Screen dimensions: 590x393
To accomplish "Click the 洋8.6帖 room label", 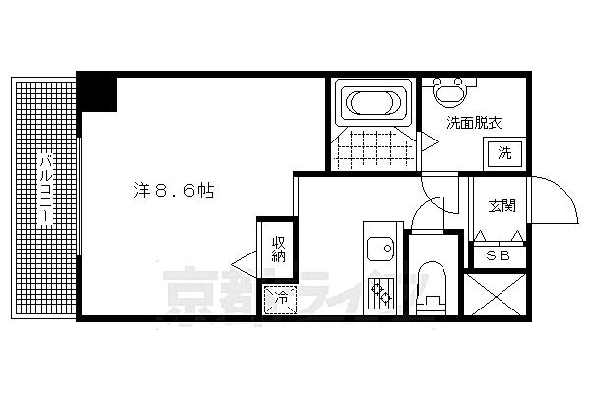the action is click(174, 191).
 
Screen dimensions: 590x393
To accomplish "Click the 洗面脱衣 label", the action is click(474, 123).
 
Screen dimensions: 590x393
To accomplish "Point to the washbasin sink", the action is click(449, 91).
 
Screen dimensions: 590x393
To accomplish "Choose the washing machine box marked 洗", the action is click(504, 154).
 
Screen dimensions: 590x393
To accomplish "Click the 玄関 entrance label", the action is click(501, 206).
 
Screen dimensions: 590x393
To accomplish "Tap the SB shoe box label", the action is click(498, 256).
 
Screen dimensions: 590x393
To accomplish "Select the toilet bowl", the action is click(432, 288).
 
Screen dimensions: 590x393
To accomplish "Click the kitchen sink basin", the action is click(381, 249).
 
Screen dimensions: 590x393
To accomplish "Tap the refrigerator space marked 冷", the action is click(280, 300).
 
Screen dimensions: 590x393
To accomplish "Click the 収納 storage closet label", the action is click(279, 249).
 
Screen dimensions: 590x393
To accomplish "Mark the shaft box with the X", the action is click(495, 295).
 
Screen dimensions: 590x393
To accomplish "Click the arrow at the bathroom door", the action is click(430, 141).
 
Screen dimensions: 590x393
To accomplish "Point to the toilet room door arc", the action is click(422, 210).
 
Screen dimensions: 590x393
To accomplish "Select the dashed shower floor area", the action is click(374, 148).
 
